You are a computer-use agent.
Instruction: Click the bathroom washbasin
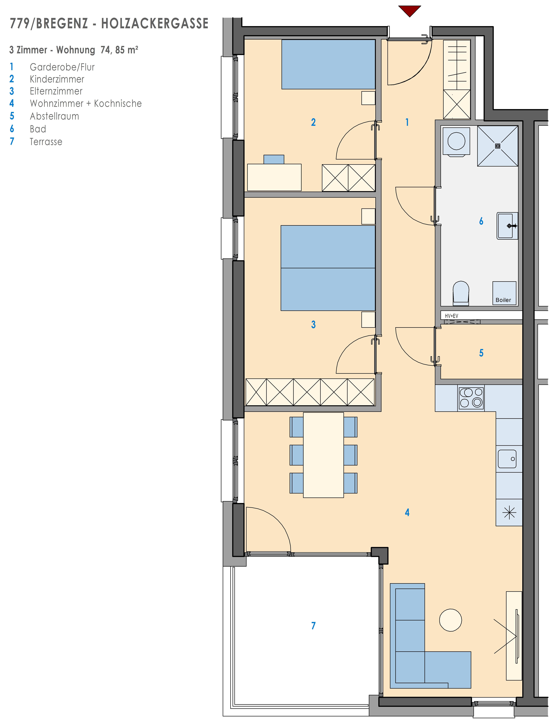pyautogui.click(x=508, y=226)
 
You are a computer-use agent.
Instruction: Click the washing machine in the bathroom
pyautogui.click(x=456, y=141)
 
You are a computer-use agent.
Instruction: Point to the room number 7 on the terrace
pyautogui.click(x=313, y=626)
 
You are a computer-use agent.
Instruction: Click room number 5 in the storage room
pyautogui.click(x=481, y=353)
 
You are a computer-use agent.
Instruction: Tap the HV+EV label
pyautogui.click(x=451, y=316)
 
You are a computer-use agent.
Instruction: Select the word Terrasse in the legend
pyautogui.click(x=46, y=142)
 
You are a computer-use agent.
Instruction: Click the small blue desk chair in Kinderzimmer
pyautogui.click(x=274, y=160)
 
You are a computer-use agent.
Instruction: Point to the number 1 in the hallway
pyautogui.click(x=407, y=122)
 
